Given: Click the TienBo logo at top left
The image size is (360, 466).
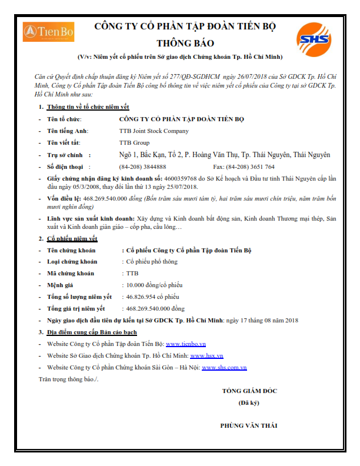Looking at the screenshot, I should [48, 32].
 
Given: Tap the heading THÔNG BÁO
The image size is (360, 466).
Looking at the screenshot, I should [185, 43].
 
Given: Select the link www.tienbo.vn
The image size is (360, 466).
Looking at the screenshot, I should [185, 344].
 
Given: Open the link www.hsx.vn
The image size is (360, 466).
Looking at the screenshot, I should [206, 355].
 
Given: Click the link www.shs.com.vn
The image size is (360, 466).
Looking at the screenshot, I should [224, 367].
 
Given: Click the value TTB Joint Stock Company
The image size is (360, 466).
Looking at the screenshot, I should [154, 131].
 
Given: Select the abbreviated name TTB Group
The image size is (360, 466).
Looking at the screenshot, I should [134, 143].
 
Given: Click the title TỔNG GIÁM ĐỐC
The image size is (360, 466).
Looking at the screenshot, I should [249, 391].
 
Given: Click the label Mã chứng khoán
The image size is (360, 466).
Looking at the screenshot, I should [71, 274].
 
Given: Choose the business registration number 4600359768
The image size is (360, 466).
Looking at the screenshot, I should [181, 178].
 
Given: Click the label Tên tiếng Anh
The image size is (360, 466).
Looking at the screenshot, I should [68, 131].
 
